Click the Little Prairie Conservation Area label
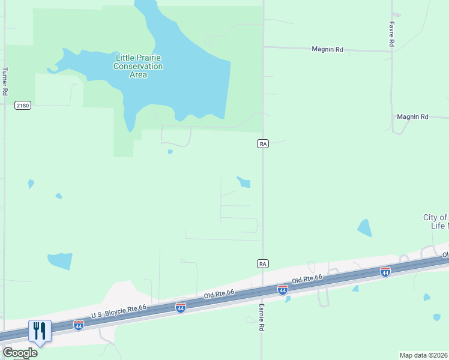tap(138, 66)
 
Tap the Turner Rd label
tap(5, 81)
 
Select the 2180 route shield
tap(22, 106)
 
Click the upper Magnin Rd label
tap(327, 49)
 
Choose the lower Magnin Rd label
tap(412, 116)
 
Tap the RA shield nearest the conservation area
tap(262, 143)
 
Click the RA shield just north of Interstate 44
tap(262, 263)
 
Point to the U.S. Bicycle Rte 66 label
tap(119, 312)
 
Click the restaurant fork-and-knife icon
tap(40, 331)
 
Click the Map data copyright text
tap(424, 355)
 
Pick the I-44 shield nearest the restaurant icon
tap(78, 325)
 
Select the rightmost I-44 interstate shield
tap(385, 272)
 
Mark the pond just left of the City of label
tap(364, 228)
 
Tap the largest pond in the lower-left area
tap(60, 261)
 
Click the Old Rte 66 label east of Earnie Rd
tap(307, 280)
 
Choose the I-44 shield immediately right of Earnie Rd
tap(282, 290)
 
